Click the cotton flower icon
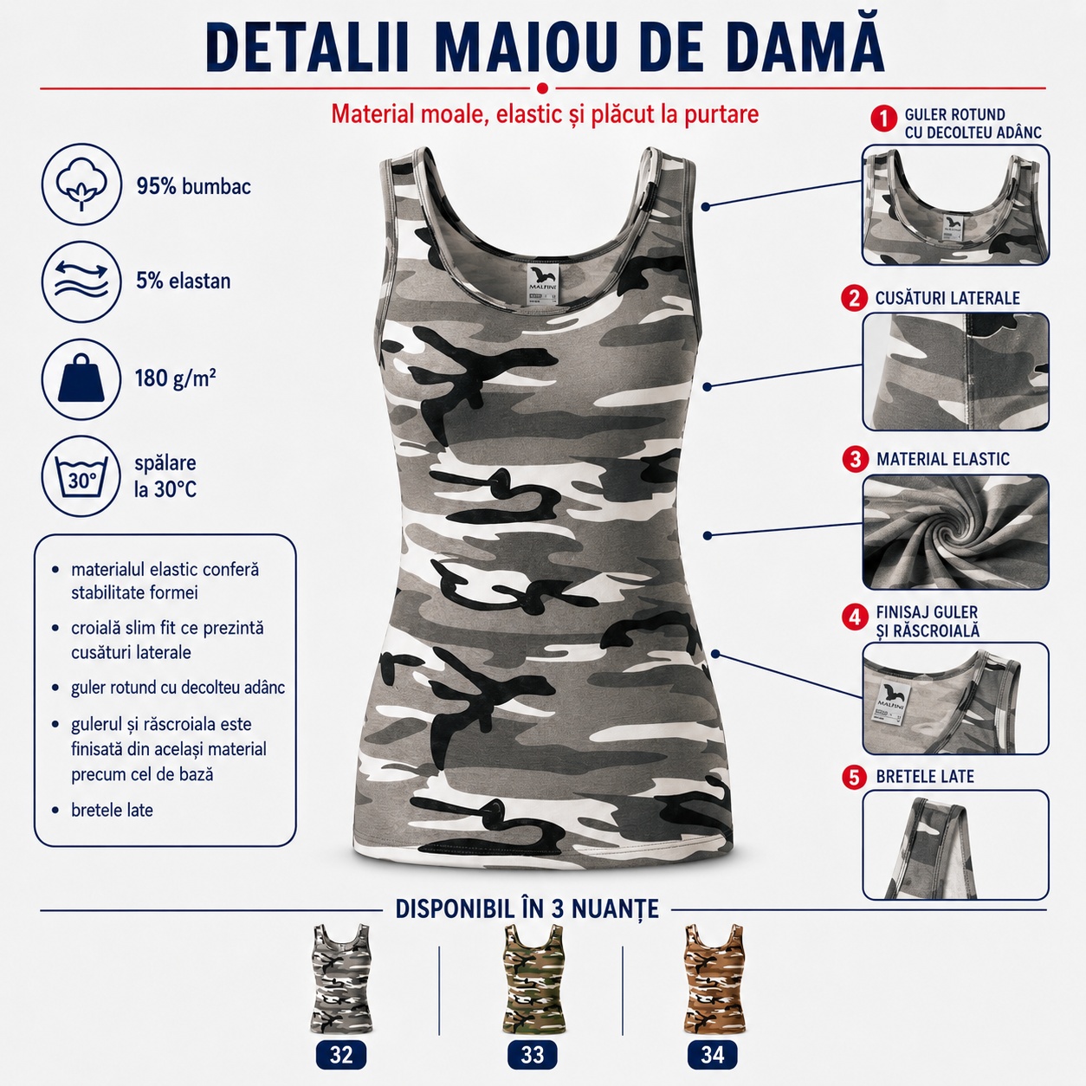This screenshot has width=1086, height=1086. (x=81, y=184)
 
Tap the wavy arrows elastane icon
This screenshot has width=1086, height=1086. (x=81, y=281)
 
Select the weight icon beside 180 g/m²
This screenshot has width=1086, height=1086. (x=81, y=378)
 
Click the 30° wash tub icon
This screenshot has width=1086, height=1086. (x=81, y=476)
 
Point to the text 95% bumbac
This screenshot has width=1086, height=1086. (x=193, y=186)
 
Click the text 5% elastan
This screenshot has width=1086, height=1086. (x=183, y=281)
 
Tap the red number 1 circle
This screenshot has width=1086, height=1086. (x=883, y=119)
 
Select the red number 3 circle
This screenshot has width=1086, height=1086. (x=856, y=459)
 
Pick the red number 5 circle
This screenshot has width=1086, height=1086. (x=855, y=778)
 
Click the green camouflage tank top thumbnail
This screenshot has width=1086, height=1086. (x=532, y=979)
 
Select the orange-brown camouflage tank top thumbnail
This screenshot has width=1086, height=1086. (x=714, y=979)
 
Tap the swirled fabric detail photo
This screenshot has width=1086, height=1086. (x=956, y=532)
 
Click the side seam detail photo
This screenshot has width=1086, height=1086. (x=956, y=372)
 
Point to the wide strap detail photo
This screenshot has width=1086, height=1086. (x=956, y=844)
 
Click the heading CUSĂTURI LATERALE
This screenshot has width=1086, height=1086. (x=947, y=298)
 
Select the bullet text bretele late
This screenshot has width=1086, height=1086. (x=112, y=810)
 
